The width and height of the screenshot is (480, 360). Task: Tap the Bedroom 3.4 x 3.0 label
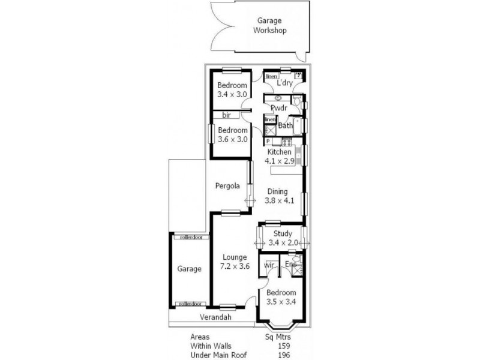(232, 89)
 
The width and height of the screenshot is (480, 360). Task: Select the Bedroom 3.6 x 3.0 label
(232, 134)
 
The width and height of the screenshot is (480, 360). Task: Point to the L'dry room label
(284, 83)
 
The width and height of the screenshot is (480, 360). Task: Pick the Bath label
(285, 126)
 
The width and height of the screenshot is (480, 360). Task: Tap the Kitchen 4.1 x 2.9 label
(280, 157)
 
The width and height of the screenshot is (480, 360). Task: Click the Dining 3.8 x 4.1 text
(280, 196)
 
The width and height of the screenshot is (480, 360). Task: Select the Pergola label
(228, 186)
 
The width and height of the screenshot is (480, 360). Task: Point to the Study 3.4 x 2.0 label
(282, 238)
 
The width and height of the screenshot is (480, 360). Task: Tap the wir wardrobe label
(269, 263)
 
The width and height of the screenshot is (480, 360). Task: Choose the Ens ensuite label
(290, 263)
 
